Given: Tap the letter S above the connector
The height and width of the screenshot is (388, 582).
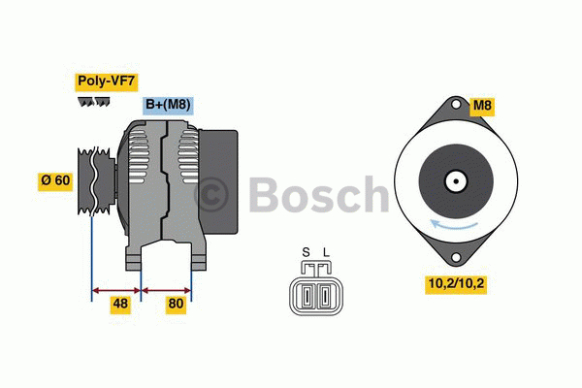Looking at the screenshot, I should click(x=306, y=254).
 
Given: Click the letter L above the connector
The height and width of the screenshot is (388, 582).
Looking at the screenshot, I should click(x=326, y=254).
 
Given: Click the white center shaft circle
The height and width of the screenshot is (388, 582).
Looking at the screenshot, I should click(x=454, y=180).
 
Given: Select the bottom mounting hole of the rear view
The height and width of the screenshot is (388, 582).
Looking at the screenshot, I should click(x=454, y=256).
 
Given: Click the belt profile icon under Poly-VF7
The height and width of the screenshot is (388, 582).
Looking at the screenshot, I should click(x=93, y=101).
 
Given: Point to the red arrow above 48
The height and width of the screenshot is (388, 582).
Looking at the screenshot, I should click(x=116, y=288).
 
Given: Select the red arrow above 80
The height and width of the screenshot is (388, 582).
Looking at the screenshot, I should click(x=166, y=288).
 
